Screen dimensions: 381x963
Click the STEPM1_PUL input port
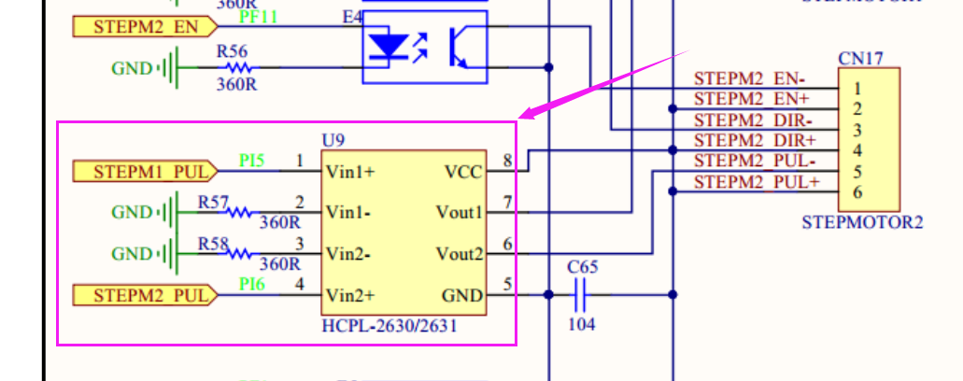point(145,171)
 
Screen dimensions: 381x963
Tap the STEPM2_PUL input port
point(145,296)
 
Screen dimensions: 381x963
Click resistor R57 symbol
point(240,213)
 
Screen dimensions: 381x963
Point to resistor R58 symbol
point(240,254)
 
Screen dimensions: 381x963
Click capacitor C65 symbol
point(580,297)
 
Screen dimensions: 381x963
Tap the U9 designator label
point(333,141)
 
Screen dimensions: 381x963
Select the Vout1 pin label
point(459,213)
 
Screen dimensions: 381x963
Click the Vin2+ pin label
point(349,296)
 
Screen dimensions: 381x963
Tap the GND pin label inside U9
point(461,296)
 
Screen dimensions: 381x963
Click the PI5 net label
point(251,161)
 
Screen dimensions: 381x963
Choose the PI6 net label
point(251,284)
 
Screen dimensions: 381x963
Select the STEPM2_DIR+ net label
point(755,140)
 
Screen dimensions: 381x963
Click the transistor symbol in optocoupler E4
point(460,47)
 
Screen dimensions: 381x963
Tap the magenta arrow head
point(527,113)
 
